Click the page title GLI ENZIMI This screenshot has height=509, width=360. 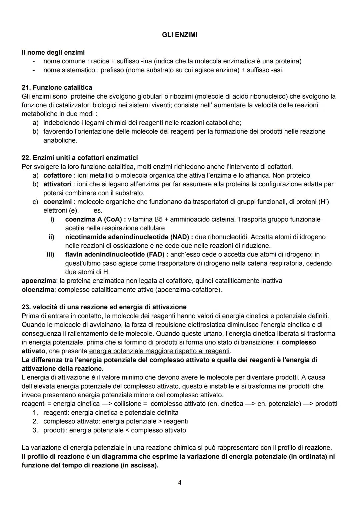coord(179,35)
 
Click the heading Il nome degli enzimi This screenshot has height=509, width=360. coord(53,52)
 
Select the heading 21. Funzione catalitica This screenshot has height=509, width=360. coord(57,87)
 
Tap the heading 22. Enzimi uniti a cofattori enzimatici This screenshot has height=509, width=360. coord(79,157)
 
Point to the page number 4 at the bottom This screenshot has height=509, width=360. coord(180,482)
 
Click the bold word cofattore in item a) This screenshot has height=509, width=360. coord(57,175)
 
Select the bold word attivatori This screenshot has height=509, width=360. coord(57,184)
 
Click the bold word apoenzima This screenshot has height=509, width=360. coord(37,281)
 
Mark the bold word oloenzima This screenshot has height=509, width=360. coord(38,289)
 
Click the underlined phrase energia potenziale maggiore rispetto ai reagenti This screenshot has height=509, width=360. coord(160,351)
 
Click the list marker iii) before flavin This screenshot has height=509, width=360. coord(50,254)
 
